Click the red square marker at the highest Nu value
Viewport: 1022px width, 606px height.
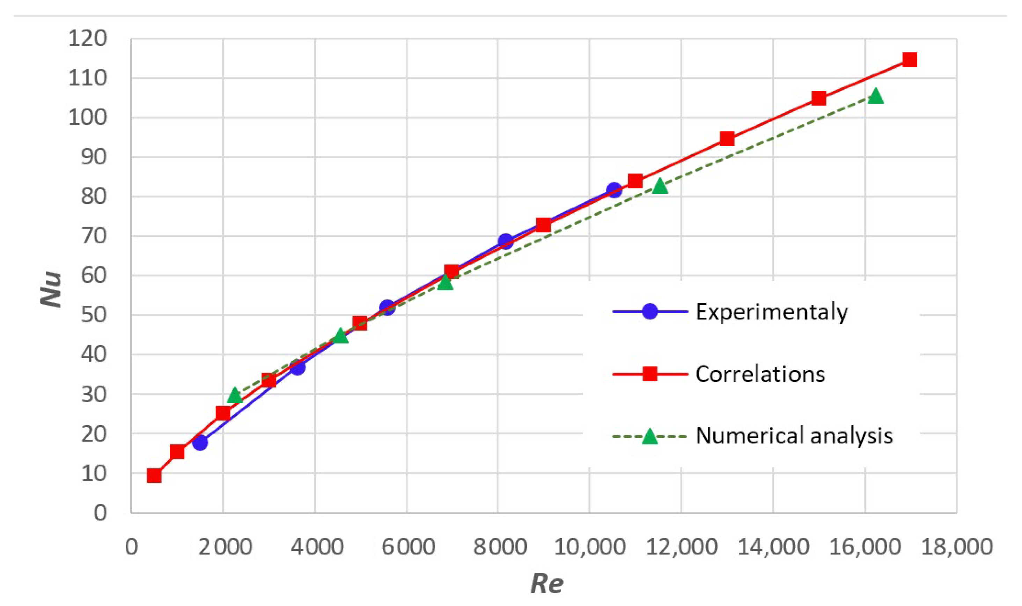909,60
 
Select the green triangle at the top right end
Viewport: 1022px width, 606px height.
875,97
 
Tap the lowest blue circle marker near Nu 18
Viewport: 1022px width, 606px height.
200,443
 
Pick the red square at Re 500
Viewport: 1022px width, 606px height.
154,476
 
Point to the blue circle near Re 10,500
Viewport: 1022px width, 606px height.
614,190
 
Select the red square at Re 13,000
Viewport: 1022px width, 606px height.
727,139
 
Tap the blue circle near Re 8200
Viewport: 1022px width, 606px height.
506,241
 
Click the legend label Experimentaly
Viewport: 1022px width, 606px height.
771,312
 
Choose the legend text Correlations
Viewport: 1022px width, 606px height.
760,374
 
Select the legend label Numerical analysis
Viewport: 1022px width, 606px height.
794,436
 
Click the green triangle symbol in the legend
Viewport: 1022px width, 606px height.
649,436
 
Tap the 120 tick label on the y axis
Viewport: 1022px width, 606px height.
87,39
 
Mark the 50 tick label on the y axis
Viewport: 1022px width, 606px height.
94,315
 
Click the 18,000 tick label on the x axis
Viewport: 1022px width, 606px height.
957,547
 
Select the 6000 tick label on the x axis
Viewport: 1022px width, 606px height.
408,547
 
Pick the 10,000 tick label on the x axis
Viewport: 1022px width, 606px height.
589,547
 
